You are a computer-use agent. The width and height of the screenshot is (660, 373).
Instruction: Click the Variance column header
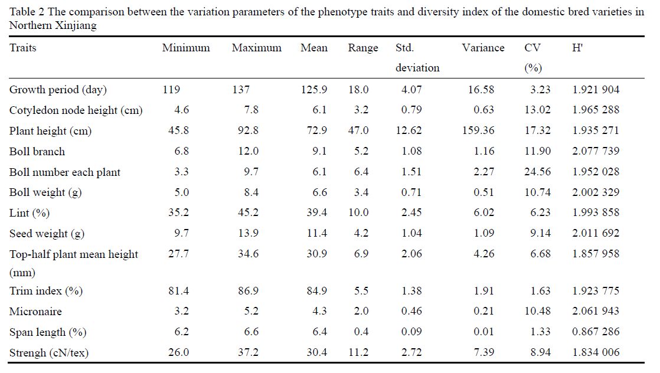point(483,48)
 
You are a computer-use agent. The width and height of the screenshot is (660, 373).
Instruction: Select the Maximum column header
point(256,48)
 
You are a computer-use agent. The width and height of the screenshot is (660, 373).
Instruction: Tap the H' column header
point(577,48)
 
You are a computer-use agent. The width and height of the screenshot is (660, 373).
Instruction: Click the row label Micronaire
point(35,312)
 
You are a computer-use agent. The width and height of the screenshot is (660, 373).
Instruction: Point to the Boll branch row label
point(37,152)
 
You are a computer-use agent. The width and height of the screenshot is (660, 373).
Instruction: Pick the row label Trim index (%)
point(46,291)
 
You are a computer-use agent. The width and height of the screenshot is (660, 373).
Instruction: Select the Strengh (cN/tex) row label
point(49,353)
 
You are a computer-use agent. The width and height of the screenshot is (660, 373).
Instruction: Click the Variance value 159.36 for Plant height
point(478,130)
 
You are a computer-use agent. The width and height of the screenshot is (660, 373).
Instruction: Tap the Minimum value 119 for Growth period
point(171,90)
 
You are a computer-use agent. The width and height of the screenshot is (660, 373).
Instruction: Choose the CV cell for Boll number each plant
point(538,172)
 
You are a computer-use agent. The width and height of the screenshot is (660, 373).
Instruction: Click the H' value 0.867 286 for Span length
point(596,332)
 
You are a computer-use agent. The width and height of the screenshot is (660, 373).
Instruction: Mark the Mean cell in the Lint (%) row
point(316,212)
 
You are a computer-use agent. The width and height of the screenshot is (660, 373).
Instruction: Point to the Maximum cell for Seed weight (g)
point(248,233)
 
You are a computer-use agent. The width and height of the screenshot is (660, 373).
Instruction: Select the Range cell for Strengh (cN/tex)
point(358,352)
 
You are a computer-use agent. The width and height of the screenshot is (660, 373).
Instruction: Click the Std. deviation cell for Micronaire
point(411,311)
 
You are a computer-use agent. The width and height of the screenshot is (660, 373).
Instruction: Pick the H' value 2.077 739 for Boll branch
point(596,151)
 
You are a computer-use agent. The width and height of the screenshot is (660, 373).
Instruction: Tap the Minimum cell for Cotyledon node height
point(181,110)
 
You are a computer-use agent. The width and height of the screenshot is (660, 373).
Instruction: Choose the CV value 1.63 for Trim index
point(541,291)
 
